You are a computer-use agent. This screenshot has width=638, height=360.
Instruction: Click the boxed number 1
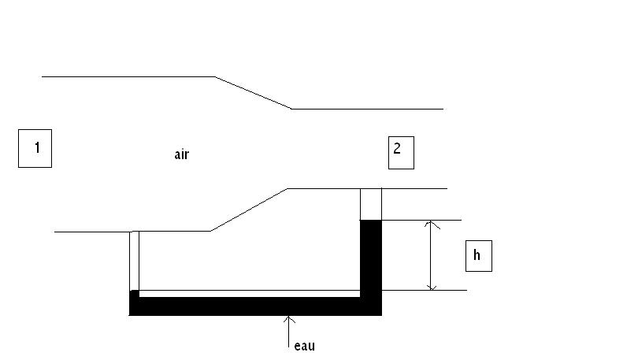pos(35,149)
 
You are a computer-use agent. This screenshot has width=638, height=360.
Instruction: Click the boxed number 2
pos(400,152)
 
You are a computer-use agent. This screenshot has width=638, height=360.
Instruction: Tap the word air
pos(181,154)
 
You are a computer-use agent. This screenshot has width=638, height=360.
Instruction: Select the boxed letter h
pos(478,256)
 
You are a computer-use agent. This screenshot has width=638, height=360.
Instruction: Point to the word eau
pos(303,345)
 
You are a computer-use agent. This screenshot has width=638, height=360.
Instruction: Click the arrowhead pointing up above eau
pos(290,319)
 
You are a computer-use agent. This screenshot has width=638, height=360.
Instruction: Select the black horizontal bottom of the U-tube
pos(252,306)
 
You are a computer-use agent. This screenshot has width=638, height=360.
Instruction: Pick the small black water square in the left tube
pos(134,294)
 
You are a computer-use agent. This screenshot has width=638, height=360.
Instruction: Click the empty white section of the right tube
pos(371,204)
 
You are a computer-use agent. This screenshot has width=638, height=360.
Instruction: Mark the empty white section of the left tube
pos(134,260)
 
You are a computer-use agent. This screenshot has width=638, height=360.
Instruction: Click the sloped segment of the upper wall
pos(253,93)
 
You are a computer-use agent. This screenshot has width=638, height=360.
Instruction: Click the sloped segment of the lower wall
pos(249,210)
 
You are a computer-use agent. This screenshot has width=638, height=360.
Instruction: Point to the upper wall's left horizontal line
pos(126,76)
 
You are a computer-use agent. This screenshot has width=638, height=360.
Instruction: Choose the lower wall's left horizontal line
pos(91,232)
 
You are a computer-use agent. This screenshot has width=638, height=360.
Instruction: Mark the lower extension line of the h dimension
pos(425,291)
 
